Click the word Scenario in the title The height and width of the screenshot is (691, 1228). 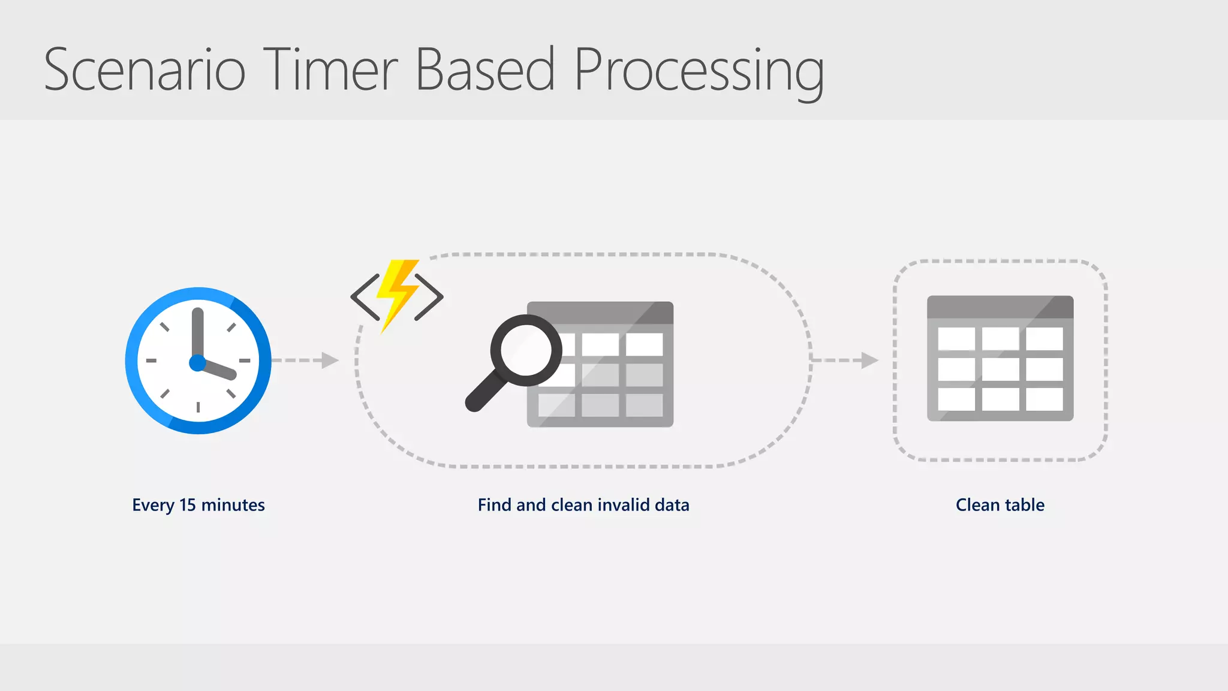(x=145, y=70)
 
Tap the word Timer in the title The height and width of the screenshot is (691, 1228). (x=330, y=70)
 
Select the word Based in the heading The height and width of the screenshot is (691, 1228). (x=485, y=70)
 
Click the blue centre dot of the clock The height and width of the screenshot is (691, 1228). (x=197, y=363)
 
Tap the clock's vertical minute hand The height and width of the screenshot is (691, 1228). (x=198, y=333)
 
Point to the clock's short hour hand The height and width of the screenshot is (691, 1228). (x=219, y=370)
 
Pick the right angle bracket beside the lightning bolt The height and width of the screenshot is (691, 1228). (x=429, y=297)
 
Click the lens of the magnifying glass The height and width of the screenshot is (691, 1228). (x=526, y=350)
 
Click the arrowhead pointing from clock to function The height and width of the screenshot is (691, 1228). (x=330, y=360)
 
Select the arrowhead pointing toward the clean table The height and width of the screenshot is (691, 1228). (x=869, y=360)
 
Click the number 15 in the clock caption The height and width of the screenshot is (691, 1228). (x=188, y=505)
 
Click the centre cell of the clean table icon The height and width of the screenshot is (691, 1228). (x=1000, y=369)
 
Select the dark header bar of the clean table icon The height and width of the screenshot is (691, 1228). (x=1000, y=307)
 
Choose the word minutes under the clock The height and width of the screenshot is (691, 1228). (x=233, y=505)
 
